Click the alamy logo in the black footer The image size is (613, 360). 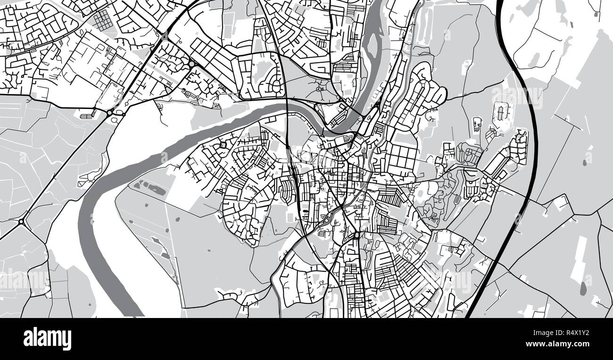click(x=47, y=339)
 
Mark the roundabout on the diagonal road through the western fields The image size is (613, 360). click(x=21, y=221)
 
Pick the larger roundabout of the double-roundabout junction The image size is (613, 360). click(x=109, y=113)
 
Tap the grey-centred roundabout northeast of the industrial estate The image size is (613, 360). click(x=191, y=64)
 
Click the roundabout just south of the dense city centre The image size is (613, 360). click(x=357, y=234)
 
